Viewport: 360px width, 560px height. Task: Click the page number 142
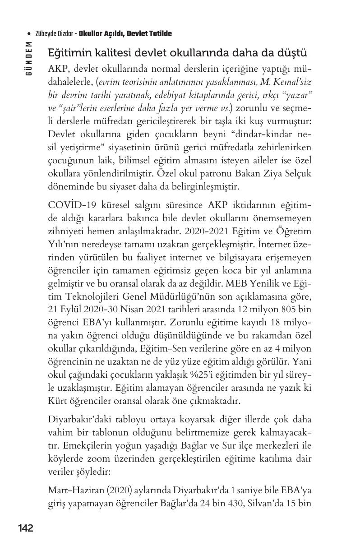[x=25, y=528]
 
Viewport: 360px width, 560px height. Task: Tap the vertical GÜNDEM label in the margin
[x=28, y=58]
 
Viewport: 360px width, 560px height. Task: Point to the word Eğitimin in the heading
[x=68, y=53]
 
